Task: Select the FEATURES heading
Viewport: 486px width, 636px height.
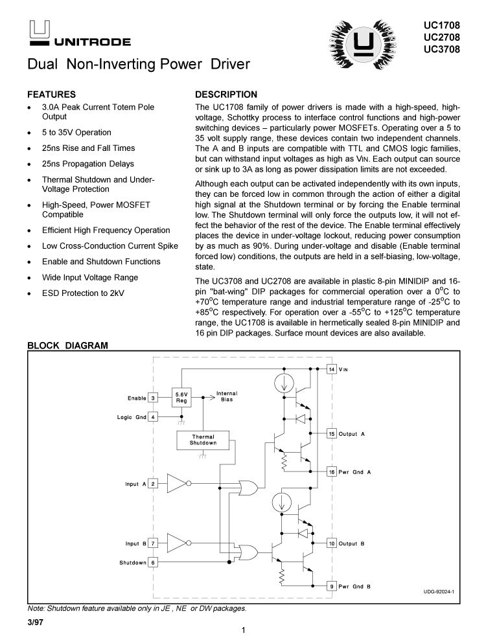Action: (51, 94)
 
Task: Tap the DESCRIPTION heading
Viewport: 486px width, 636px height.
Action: (226, 94)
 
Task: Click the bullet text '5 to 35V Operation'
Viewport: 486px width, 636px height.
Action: (76, 132)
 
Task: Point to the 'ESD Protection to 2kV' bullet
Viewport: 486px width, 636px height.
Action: (83, 293)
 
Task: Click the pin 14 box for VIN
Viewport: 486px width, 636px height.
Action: (332, 369)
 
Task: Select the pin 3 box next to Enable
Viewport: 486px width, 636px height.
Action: (154, 398)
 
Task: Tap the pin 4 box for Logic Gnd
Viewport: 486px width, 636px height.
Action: (154, 417)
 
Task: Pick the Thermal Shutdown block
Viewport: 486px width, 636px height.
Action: (203, 440)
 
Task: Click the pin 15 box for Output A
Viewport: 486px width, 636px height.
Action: (332, 433)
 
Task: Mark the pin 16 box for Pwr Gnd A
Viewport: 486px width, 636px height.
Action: (332, 471)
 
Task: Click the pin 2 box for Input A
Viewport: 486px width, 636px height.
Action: (154, 483)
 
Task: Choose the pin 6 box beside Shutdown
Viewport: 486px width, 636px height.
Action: (154, 562)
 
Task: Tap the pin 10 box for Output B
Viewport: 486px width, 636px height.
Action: (332, 543)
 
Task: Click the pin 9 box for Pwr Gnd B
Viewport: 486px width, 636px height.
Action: (332, 586)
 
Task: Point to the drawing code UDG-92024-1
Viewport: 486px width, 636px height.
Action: (439, 591)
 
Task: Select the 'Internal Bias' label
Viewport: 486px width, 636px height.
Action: (227, 396)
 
